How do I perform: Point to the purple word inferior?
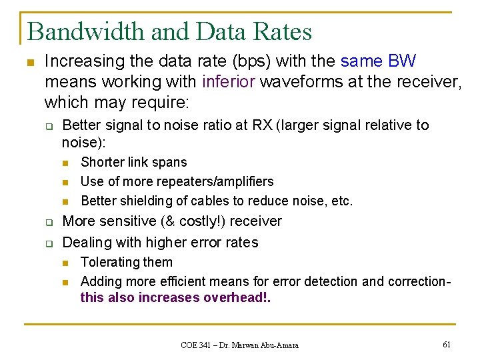click(x=229, y=82)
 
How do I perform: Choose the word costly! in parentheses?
click(x=185, y=221)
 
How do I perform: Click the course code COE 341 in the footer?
click(x=197, y=345)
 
